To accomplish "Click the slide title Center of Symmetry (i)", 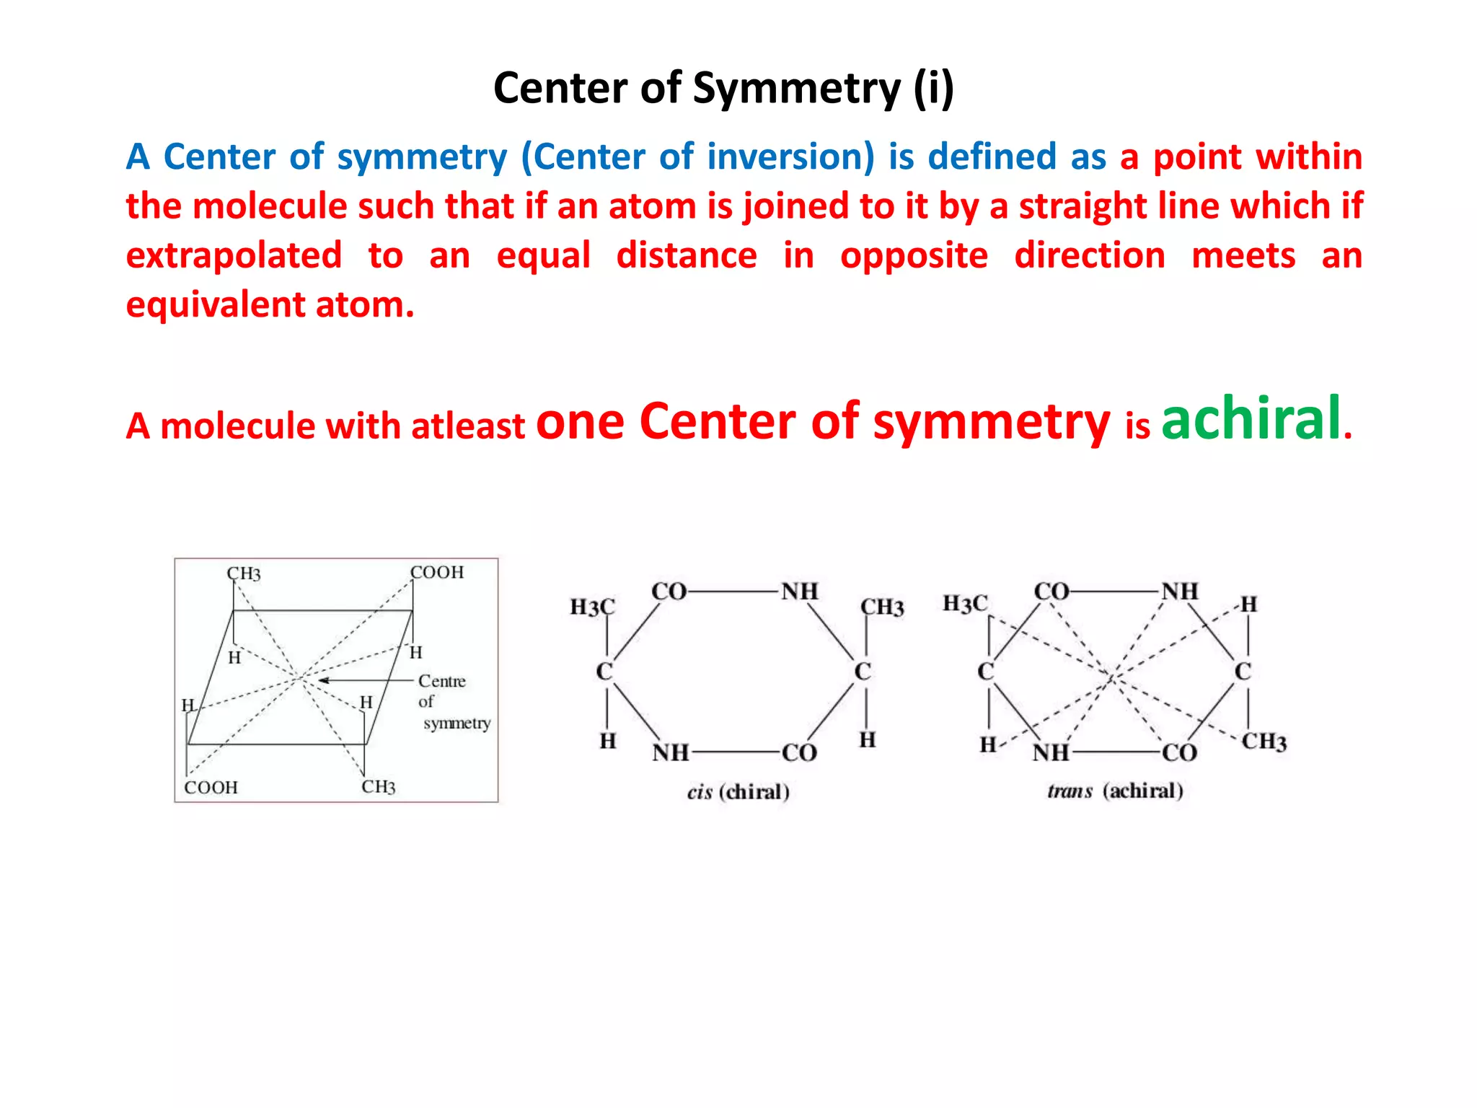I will click(x=723, y=88).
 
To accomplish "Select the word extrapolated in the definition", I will click(x=234, y=255).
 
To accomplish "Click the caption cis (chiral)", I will click(x=738, y=792).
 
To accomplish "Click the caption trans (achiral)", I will click(x=1115, y=791).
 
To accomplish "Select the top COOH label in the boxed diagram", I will click(x=437, y=572).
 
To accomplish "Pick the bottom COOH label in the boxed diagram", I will click(x=211, y=787).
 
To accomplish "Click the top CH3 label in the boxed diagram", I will click(x=244, y=573).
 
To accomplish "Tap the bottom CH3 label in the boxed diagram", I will click(x=379, y=786).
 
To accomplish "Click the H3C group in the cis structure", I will click(x=592, y=607).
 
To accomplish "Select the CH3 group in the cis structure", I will click(x=882, y=607).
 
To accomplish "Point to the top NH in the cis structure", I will click(x=800, y=592).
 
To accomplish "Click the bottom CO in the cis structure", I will click(x=799, y=753).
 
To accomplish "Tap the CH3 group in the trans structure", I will click(x=1264, y=741).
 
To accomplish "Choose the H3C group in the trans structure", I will click(x=965, y=603).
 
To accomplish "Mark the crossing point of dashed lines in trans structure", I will click(x=1113, y=677).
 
